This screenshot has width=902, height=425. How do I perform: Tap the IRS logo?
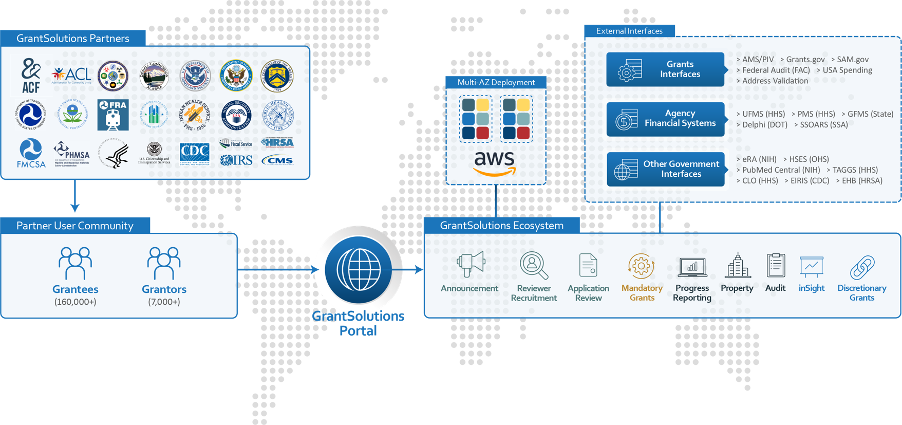pos(236,160)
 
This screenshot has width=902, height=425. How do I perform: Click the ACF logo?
pos(31,75)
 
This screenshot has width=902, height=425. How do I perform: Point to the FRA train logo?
pos(113,115)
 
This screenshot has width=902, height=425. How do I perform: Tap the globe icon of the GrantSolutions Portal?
pos(358,269)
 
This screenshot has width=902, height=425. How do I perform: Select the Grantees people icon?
pos(75,263)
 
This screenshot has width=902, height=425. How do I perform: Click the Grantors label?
pos(164,289)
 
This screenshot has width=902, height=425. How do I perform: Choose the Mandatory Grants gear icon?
pos(641,266)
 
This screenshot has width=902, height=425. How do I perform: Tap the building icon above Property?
pos(737,266)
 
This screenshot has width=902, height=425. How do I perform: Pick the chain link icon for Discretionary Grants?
pos(862,267)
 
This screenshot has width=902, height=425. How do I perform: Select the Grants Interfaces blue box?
pos(665,69)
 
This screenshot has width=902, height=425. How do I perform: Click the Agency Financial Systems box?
pos(665,119)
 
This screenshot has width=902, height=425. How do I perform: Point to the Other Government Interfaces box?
pos(665,169)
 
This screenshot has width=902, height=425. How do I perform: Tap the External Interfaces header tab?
pos(629,31)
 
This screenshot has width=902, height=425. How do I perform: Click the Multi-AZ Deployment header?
pos(496,82)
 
